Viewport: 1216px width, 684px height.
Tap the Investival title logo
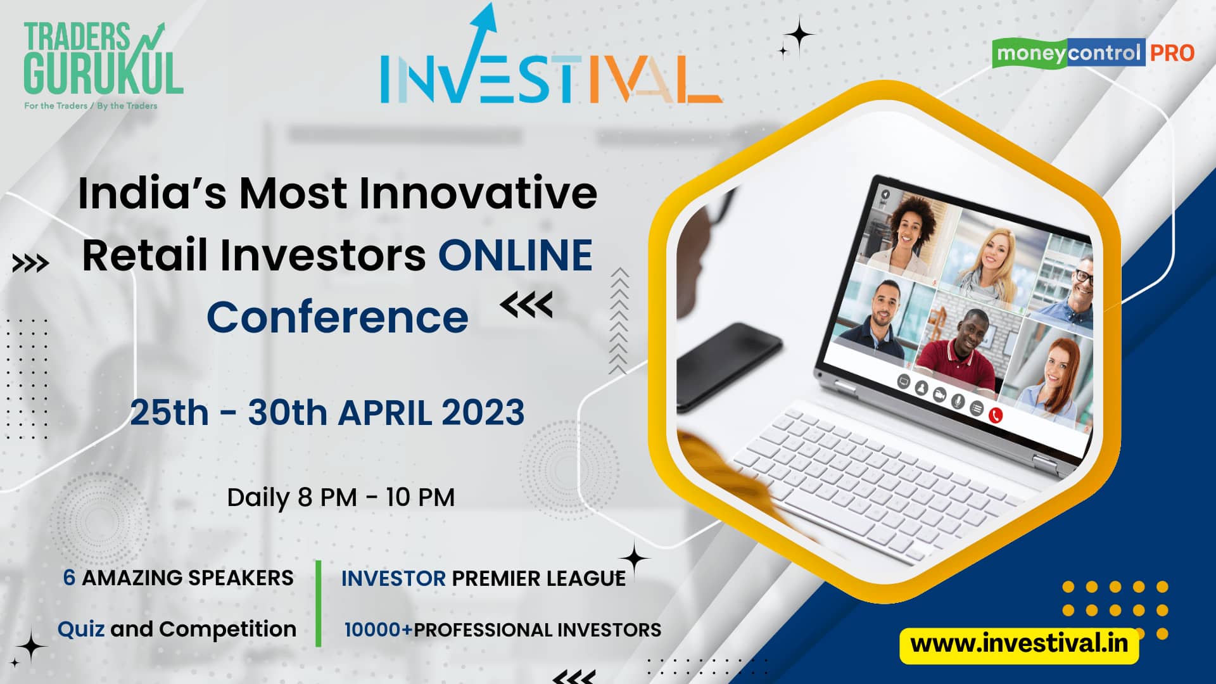point(551,56)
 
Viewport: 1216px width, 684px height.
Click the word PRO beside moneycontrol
point(1172,53)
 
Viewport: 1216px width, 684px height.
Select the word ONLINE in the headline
point(516,255)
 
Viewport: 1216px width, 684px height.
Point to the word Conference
point(338,317)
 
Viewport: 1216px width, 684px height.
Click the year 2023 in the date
point(483,413)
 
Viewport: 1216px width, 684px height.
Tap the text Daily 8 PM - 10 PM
point(341,498)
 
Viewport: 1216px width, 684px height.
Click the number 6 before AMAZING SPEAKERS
point(69,578)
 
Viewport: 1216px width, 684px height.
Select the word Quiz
point(81,630)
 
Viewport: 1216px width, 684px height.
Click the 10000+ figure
point(378,630)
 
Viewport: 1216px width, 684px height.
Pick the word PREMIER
point(488,578)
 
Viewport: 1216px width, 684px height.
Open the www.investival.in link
point(1019,644)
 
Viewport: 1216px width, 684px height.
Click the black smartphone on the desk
point(728,364)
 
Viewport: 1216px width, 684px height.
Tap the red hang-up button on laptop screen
point(996,415)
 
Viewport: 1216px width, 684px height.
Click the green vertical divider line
point(318,603)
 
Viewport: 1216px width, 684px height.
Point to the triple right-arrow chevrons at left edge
point(30,263)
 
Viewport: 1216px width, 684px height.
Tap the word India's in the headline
point(152,193)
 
